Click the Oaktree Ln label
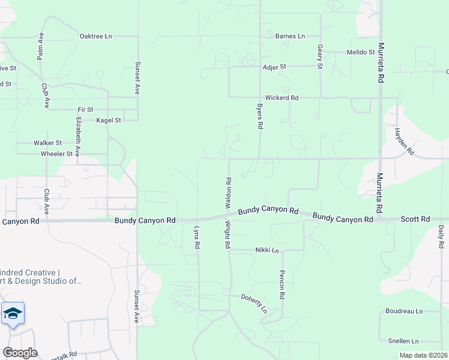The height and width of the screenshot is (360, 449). click(96, 37)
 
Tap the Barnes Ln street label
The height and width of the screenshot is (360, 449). click(290, 37)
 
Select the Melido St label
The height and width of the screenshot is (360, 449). click(361, 52)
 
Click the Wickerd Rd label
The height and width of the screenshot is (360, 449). click(282, 98)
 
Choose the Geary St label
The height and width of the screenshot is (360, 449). click(320, 56)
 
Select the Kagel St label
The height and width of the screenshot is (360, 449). click(109, 121)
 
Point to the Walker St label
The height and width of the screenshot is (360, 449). click(47, 143)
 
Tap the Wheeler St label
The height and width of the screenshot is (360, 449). click(56, 154)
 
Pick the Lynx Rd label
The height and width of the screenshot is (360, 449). click(197, 238)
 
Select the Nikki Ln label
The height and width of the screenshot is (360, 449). click(267, 250)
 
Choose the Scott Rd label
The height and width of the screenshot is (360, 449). click(415, 219)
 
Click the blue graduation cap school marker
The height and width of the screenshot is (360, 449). click(13, 313)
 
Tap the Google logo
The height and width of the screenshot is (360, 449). click(20, 353)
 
